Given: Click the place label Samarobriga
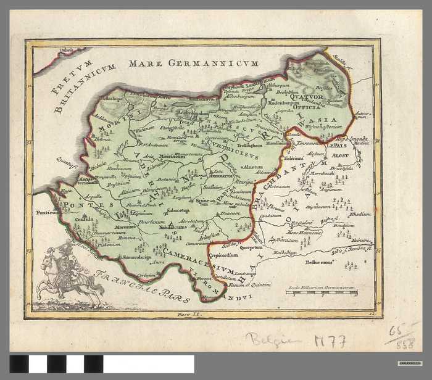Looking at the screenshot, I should [138, 257].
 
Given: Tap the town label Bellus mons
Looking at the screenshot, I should [318, 262].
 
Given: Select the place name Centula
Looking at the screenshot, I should [85, 219].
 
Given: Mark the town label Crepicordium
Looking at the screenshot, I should [223, 255].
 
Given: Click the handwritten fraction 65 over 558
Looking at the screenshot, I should [402, 336].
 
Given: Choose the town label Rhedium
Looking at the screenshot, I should [360, 214].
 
